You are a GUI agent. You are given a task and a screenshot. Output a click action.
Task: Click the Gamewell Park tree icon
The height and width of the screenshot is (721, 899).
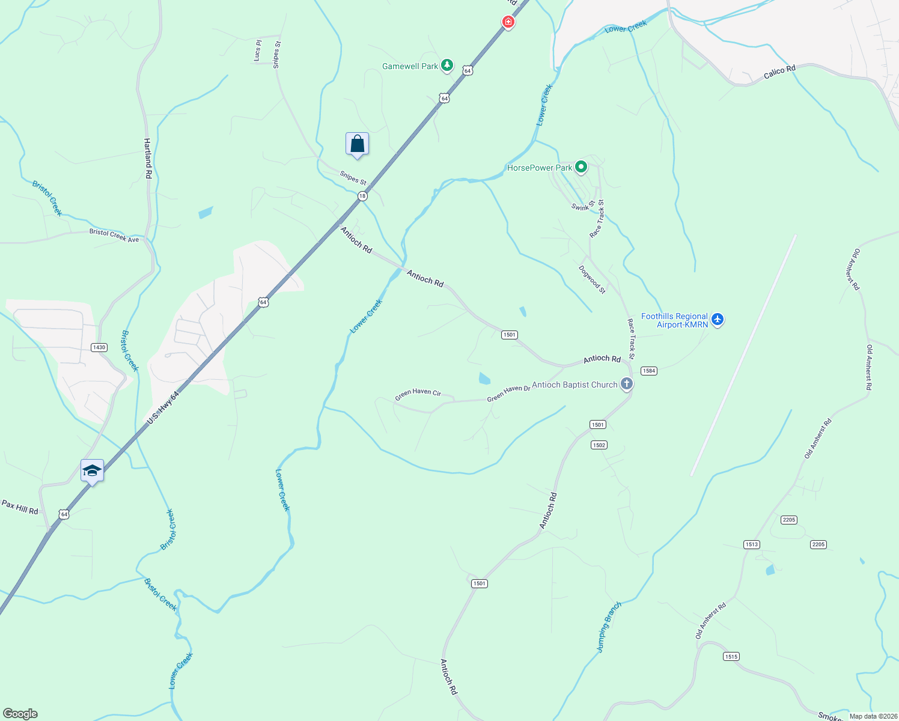(446, 65)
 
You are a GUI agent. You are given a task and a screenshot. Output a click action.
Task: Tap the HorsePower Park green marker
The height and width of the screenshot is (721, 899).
(581, 166)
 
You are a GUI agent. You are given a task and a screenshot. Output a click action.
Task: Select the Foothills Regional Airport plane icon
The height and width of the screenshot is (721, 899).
(717, 319)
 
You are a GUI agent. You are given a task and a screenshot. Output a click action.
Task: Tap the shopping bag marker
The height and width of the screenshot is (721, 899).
(357, 144)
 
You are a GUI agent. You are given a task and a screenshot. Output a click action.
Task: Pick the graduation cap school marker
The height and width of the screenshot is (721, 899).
(92, 470)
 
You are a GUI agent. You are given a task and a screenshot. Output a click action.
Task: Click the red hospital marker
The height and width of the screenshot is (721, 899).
(508, 22)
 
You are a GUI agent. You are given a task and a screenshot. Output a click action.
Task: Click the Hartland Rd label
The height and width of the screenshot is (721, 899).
(148, 158)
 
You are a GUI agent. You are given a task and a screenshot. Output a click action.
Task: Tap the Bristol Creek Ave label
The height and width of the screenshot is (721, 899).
(114, 235)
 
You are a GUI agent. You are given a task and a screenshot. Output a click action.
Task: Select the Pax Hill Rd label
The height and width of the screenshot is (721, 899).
(20, 507)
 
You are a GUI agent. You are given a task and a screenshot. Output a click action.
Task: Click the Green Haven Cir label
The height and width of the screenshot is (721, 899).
(418, 394)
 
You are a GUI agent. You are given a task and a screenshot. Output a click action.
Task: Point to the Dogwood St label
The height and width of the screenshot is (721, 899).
(592, 279)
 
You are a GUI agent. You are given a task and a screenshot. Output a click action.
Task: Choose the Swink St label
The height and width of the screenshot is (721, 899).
(583, 205)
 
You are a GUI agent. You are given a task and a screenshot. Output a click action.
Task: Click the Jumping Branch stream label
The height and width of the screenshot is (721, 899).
(608, 627)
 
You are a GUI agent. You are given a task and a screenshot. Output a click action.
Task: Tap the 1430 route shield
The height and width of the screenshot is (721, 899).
(99, 347)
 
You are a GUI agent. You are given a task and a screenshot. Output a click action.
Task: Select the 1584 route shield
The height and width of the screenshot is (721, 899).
(649, 371)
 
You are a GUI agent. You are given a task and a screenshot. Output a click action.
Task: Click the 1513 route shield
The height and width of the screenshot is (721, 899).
(752, 544)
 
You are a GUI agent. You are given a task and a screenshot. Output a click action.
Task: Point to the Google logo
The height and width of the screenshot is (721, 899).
(20, 713)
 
